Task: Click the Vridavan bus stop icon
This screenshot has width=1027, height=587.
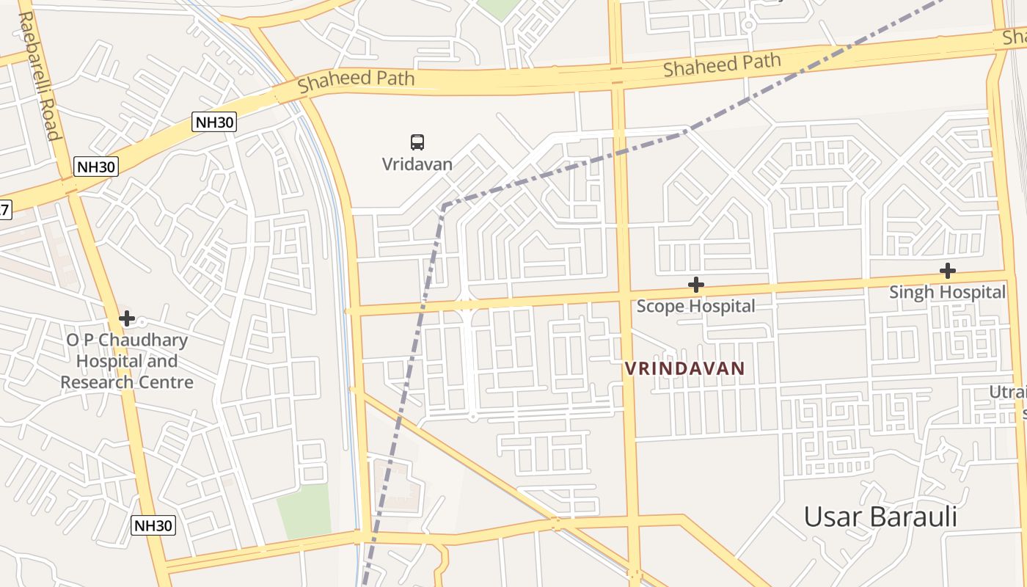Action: (x=417, y=142)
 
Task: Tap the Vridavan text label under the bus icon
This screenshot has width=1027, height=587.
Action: (x=417, y=164)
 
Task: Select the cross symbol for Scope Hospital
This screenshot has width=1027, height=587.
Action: (x=695, y=284)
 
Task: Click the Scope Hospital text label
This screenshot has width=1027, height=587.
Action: (x=695, y=305)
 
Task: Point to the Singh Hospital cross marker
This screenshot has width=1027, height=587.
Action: (x=947, y=271)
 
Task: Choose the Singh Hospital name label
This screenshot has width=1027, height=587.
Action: (x=947, y=292)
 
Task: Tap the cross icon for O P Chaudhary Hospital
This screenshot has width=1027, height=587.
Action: (x=127, y=318)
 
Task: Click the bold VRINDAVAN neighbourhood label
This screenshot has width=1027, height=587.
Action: (x=684, y=368)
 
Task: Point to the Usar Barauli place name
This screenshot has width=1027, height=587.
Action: (x=880, y=517)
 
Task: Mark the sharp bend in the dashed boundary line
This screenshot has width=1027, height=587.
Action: (x=444, y=205)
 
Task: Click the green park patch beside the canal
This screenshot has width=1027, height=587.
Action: (x=304, y=510)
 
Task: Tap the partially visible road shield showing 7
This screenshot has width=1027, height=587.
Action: (x=4, y=210)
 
